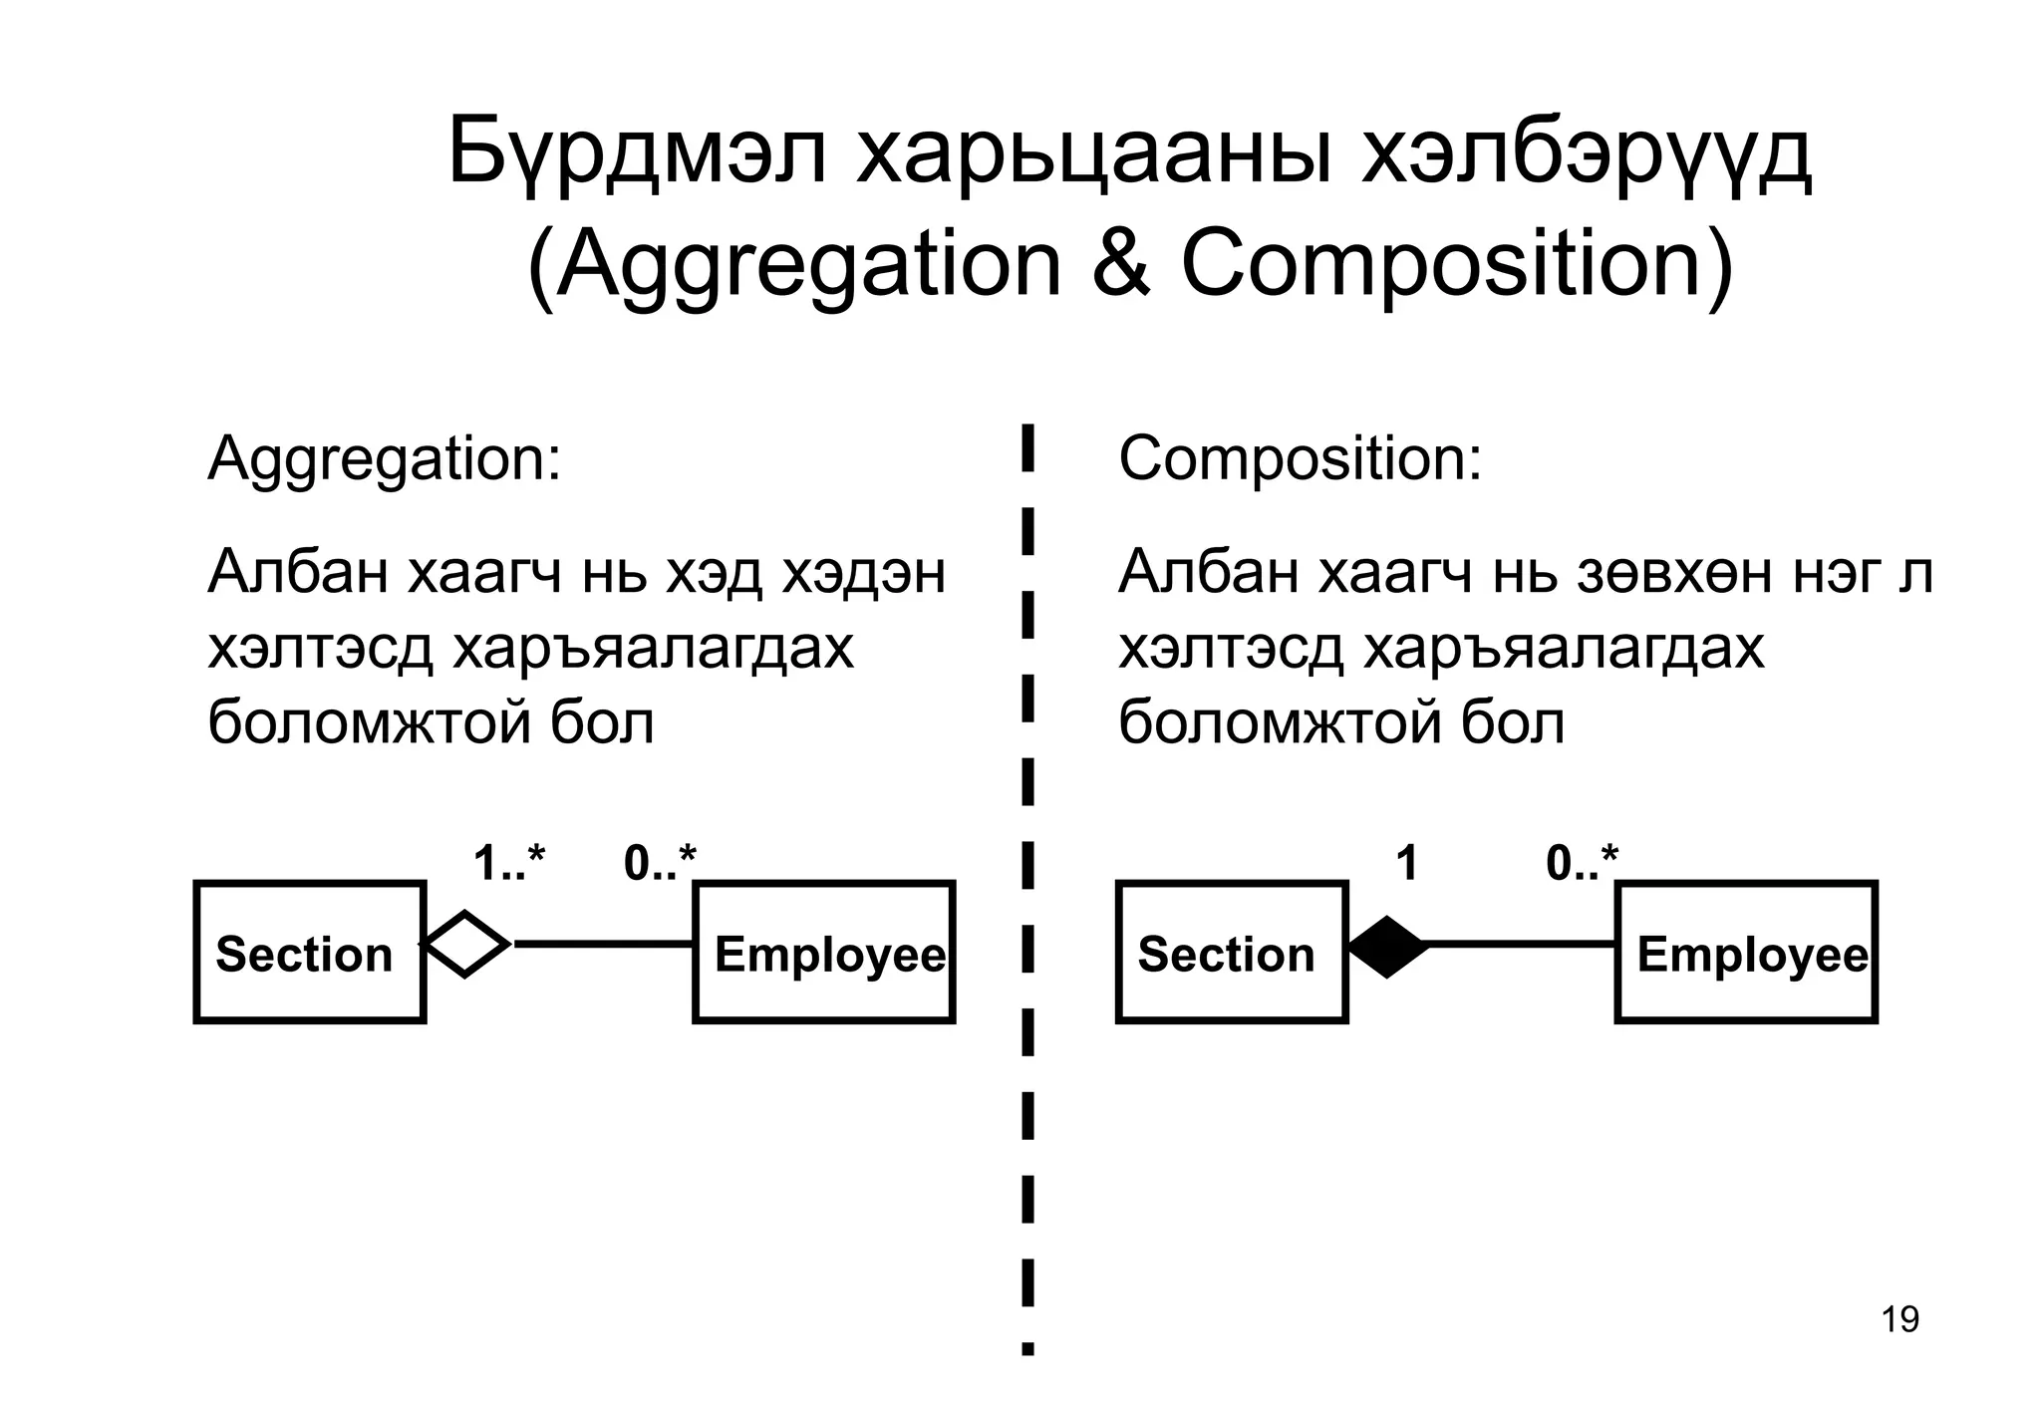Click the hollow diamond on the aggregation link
tap(466, 944)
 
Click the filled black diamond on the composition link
tap(1387, 945)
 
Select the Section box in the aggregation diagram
tap(310, 953)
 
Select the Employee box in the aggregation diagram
tap(824, 953)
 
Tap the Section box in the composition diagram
tap(1232, 953)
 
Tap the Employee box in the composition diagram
tap(1746, 953)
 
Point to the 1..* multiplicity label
tap(509, 863)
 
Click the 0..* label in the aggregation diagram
tap(660, 863)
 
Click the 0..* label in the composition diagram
tap(1582, 863)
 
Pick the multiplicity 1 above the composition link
tap(1407, 863)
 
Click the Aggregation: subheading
tap(384, 460)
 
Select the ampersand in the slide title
tap(1121, 265)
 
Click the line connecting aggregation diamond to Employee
tap(603, 944)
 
